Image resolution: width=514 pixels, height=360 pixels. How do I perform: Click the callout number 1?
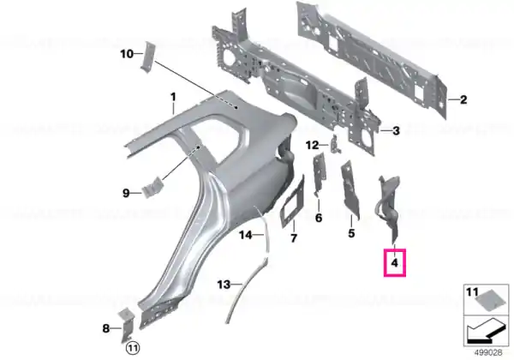point(173,97)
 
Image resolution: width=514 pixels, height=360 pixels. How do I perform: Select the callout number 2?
point(463,99)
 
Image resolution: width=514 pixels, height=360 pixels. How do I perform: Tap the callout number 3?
point(396,131)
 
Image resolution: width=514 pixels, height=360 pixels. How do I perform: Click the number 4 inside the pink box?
point(395,262)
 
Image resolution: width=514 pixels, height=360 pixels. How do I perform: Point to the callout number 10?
point(127,53)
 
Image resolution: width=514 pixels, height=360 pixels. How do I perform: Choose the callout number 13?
point(224,285)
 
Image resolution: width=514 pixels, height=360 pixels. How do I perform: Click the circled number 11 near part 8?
point(133,347)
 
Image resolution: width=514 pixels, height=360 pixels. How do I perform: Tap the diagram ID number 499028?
point(488,353)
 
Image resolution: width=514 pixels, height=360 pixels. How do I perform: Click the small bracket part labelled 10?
point(147,57)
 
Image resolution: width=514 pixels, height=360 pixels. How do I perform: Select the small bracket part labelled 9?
point(152,187)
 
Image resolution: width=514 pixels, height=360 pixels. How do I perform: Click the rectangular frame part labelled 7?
point(292,201)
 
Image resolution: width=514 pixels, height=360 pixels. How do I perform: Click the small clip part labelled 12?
point(336,144)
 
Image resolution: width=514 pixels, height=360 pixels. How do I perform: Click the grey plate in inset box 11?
point(487,300)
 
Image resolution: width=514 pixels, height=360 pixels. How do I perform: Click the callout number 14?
point(246,235)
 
